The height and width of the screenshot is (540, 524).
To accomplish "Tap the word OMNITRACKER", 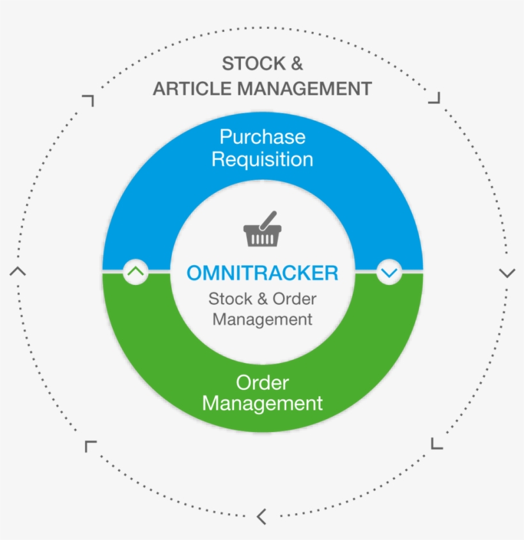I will [x=262, y=273].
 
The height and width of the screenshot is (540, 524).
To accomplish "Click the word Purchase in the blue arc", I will [x=262, y=137].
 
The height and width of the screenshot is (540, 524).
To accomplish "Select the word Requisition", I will [x=262, y=159].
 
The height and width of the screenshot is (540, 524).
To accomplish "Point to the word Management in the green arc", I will [x=262, y=404].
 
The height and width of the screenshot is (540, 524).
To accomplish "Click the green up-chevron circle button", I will [x=135, y=272].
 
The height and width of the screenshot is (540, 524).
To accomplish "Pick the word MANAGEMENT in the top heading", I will [x=305, y=89].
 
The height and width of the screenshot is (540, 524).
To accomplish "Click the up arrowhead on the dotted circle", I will [x=18, y=271].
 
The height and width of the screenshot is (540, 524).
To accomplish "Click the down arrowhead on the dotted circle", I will [x=507, y=274].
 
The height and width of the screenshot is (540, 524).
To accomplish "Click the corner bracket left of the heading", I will [x=89, y=100].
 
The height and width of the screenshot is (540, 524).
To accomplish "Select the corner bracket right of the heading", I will [x=435, y=98].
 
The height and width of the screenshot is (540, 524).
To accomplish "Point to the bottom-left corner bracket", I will [x=89, y=445].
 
